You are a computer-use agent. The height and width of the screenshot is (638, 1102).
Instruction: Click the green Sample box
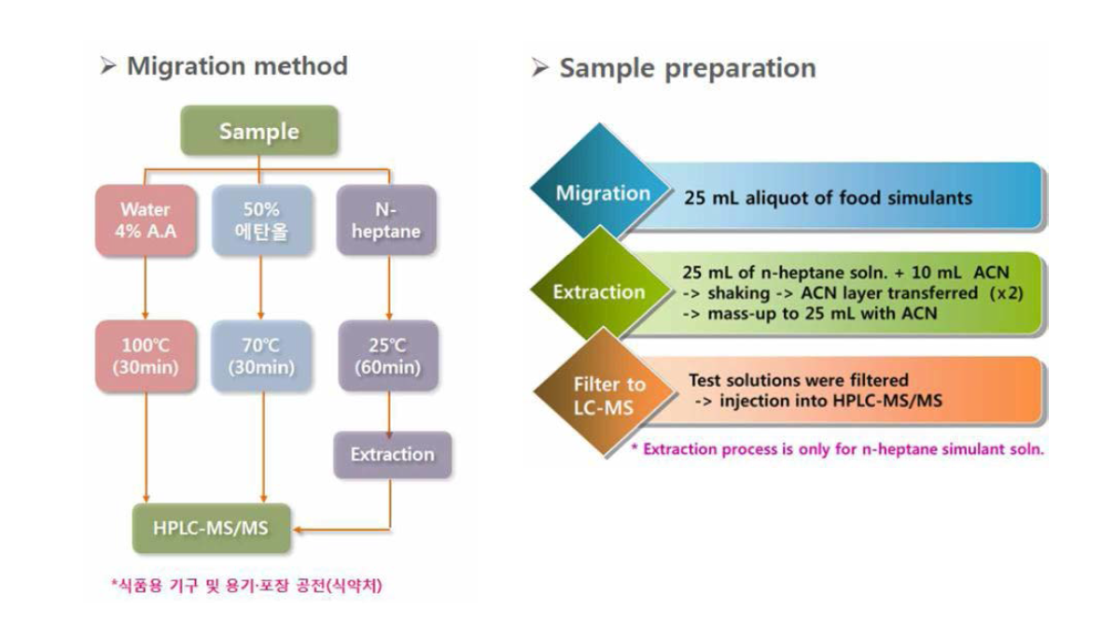pyautogui.click(x=258, y=131)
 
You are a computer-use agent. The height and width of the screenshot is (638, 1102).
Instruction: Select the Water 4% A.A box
pyautogui.click(x=146, y=220)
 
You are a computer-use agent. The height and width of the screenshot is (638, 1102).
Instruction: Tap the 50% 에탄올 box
pyautogui.click(x=261, y=220)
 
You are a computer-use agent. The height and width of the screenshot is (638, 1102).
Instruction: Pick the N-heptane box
pyautogui.click(x=387, y=220)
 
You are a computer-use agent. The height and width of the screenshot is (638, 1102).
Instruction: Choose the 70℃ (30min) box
pyautogui.click(x=261, y=356)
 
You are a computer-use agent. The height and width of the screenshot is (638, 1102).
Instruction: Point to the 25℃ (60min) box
pyautogui.click(x=387, y=356)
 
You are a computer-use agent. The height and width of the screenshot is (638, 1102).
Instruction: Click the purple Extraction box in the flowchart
pyautogui.click(x=392, y=455)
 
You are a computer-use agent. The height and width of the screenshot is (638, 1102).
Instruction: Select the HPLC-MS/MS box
pyautogui.click(x=210, y=528)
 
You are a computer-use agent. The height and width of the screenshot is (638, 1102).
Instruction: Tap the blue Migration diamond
pyautogui.click(x=603, y=194)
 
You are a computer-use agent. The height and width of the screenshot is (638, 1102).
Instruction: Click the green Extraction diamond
pyautogui.click(x=599, y=291)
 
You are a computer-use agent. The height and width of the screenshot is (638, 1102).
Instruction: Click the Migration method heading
pyautogui.click(x=237, y=66)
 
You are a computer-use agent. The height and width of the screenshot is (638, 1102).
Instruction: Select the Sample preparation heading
pyautogui.click(x=687, y=68)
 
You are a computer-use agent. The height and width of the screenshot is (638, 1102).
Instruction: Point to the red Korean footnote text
pyautogui.click(x=246, y=586)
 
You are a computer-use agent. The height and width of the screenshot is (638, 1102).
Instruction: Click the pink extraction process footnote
pyautogui.click(x=838, y=449)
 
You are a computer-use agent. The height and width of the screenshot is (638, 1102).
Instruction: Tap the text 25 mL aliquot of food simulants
pyautogui.click(x=828, y=198)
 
